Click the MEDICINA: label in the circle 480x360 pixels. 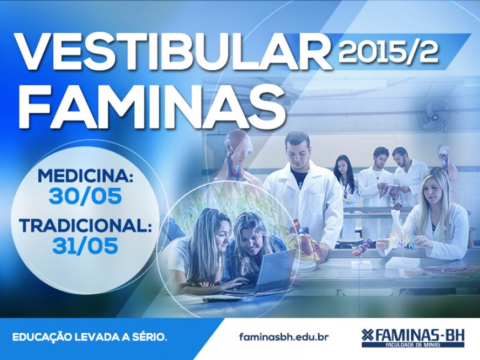(85, 176)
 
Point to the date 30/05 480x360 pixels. (85, 196)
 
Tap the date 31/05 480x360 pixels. (85, 246)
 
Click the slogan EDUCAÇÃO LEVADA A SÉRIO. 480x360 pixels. (90, 337)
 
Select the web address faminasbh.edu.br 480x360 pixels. (284, 337)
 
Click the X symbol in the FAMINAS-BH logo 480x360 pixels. (367, 335)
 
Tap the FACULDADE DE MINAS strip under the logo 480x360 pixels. (413, 345)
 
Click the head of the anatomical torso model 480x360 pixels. (239, 146)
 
